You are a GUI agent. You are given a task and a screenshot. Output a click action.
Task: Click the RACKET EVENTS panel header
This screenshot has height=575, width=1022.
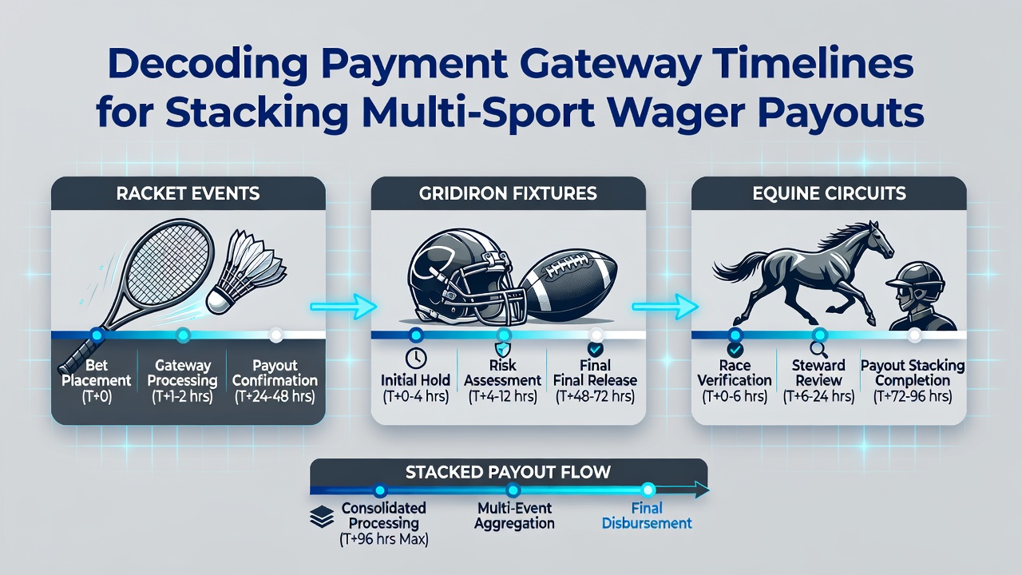pos(188,193)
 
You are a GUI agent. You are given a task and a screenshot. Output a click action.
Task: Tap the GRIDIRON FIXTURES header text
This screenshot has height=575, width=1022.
pos(508,193)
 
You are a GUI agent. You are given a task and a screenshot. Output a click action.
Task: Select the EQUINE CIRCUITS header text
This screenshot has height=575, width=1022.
pos(829,193)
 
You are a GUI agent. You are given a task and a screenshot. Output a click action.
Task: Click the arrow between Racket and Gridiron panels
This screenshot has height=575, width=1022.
pos(343,306)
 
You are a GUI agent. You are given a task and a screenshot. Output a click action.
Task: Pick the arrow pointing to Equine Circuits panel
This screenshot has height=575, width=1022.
pos(665,306)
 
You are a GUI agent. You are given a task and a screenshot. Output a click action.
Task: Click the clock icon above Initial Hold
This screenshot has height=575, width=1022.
pos(416,359)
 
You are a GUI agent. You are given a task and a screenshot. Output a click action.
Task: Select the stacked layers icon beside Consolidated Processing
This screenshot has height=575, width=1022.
pos(322,517)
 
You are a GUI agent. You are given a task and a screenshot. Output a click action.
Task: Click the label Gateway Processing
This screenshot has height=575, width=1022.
pos(183,373)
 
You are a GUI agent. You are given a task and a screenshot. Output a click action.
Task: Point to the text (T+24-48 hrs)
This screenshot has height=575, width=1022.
pos(275,397)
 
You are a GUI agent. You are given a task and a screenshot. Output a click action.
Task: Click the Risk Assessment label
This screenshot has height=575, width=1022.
pos(503,373)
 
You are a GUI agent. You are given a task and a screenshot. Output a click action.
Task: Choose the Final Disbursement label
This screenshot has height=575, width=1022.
pos(647,516)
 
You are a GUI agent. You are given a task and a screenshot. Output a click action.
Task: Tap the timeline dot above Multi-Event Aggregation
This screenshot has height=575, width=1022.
pos(513,490)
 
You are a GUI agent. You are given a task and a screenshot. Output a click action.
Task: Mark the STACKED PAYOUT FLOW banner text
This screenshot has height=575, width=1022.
pos(508,472)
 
